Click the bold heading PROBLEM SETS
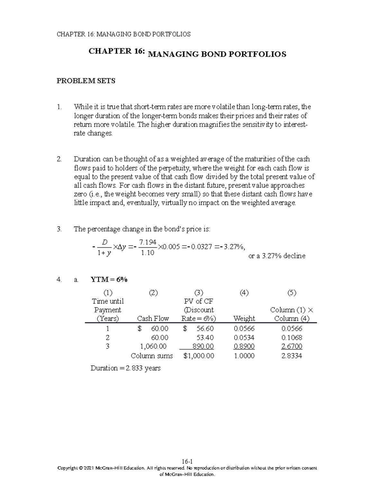pos(86,81)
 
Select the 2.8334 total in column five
pos(291,356)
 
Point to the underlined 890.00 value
pos(203,346)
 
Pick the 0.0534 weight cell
pos(244,338)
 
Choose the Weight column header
pos(244,318)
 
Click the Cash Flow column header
pos(153,318)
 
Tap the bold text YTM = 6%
pos(109,280)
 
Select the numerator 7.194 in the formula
pos(148,242)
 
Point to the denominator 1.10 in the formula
pos(148,253)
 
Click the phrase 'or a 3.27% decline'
pos(277,256)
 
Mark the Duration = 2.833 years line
pos(125,368)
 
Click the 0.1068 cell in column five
pos(291,338)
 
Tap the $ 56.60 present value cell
pos(198,329)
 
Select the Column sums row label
pos(152,356)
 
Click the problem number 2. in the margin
pos(59,159)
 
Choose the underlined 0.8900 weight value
pos(244,346)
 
